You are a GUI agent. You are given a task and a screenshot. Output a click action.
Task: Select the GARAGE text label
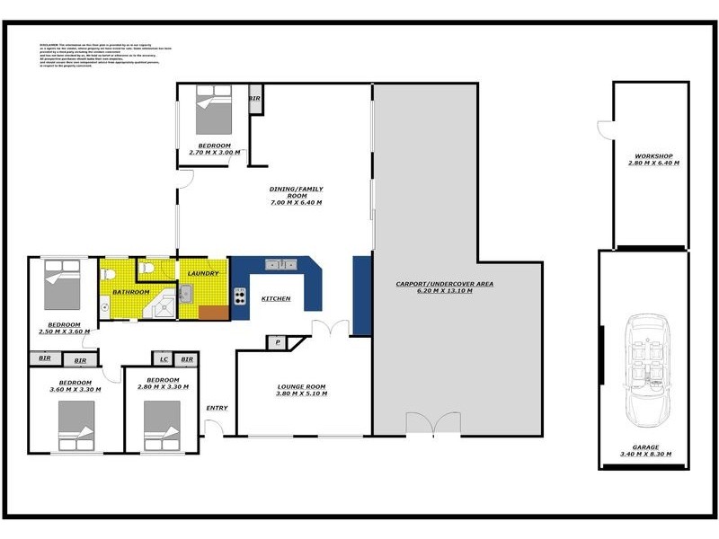pos(644,446)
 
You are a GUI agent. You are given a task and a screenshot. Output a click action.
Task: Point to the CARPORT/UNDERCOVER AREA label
pos(457,284)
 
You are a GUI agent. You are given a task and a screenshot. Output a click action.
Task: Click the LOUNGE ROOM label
pos(300,387)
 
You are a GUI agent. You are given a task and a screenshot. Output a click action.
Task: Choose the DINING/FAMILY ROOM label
pos(296,189)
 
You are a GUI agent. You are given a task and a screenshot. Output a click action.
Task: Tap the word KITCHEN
pos(275,298)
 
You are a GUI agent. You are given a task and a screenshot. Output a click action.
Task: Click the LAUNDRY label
pos(203,274)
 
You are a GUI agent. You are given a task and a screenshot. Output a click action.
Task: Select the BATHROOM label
pos(130,293)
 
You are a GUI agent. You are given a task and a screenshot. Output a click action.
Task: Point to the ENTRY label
pos(217,408)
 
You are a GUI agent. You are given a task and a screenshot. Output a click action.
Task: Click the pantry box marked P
pos(277,342)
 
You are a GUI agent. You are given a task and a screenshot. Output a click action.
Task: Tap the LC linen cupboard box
pos(164,359)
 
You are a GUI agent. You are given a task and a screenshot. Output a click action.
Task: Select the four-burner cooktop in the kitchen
pos(240,296)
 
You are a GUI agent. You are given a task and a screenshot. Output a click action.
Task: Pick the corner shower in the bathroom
pos(162,305)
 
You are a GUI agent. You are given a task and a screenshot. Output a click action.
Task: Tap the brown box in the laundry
pos(213,313)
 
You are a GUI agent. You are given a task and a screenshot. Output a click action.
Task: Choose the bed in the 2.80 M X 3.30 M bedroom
pos(164,424)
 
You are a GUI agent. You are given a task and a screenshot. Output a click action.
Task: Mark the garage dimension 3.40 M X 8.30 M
pos(644,455)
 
